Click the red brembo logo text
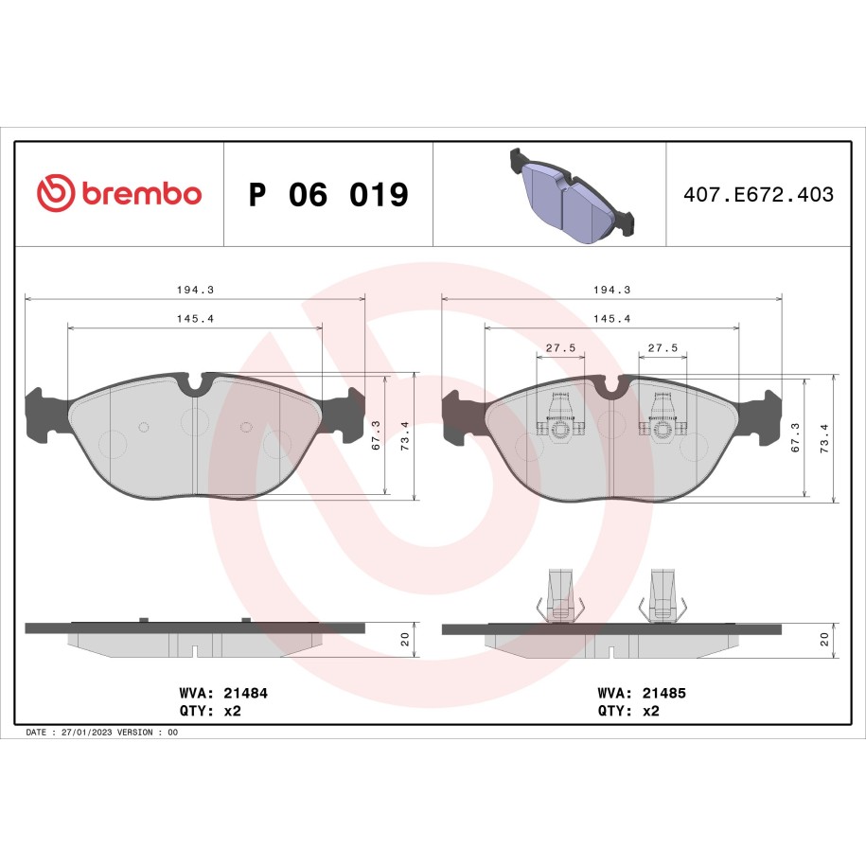142,193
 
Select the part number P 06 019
328,194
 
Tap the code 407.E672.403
758,194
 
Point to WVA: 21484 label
223,693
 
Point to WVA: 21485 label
642,693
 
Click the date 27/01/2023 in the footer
87,733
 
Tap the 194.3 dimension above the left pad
195,290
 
